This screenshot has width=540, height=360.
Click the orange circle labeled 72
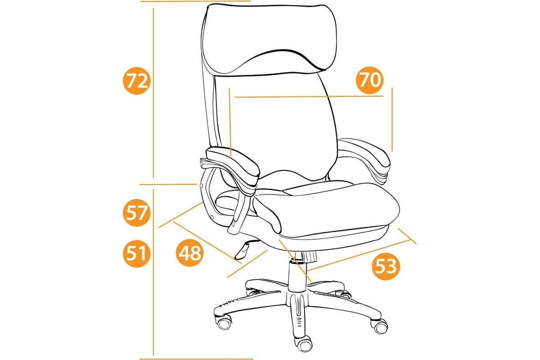click(137, 81)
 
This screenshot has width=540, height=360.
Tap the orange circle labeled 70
click(369, 80)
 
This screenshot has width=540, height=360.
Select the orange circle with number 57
click(137, 213)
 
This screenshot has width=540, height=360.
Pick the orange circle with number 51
click(137, 253)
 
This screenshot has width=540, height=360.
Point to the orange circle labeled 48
click(190, 253)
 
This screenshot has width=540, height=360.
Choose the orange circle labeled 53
click(386, 266)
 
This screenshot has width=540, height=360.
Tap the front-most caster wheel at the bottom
click(305, 346)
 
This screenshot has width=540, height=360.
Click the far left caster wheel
click(224, 323)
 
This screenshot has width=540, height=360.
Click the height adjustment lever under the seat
click(245, 250)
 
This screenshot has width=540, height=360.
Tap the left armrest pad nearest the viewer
click(233, 166)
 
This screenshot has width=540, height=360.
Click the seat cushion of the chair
click(323, 207)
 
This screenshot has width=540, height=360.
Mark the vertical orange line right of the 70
click(392, 120)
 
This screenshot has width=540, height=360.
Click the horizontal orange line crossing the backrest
click(309, 97)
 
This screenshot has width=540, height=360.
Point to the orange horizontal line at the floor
click(196, 359)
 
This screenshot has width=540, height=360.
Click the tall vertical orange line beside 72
click(153, 93)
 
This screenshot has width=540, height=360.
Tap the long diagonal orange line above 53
click(359, 255)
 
